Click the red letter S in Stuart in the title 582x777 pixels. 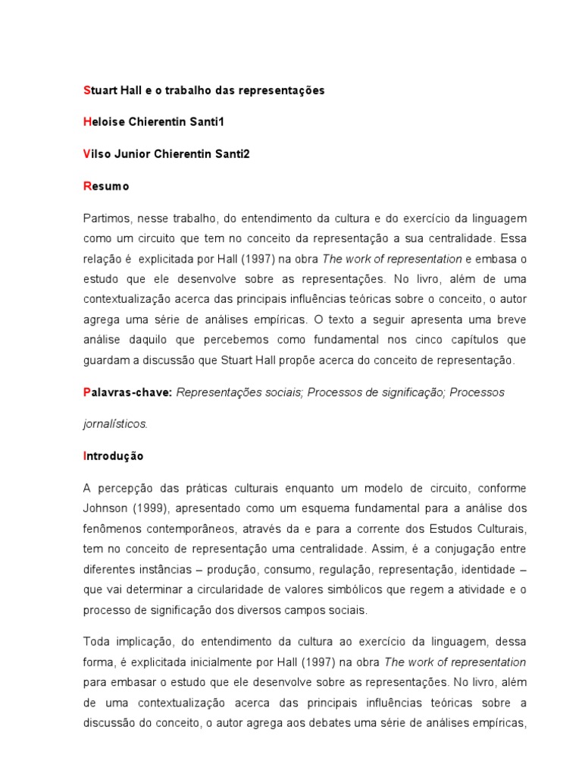point(86,90)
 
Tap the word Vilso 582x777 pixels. point(98,154)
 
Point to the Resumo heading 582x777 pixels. point(106,186)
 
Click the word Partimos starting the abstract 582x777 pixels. point(104,219)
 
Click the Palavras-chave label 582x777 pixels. point(127,392)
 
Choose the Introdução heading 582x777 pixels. point(113,457)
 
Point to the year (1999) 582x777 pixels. point(145,508)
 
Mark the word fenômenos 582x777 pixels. point(111,527)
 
